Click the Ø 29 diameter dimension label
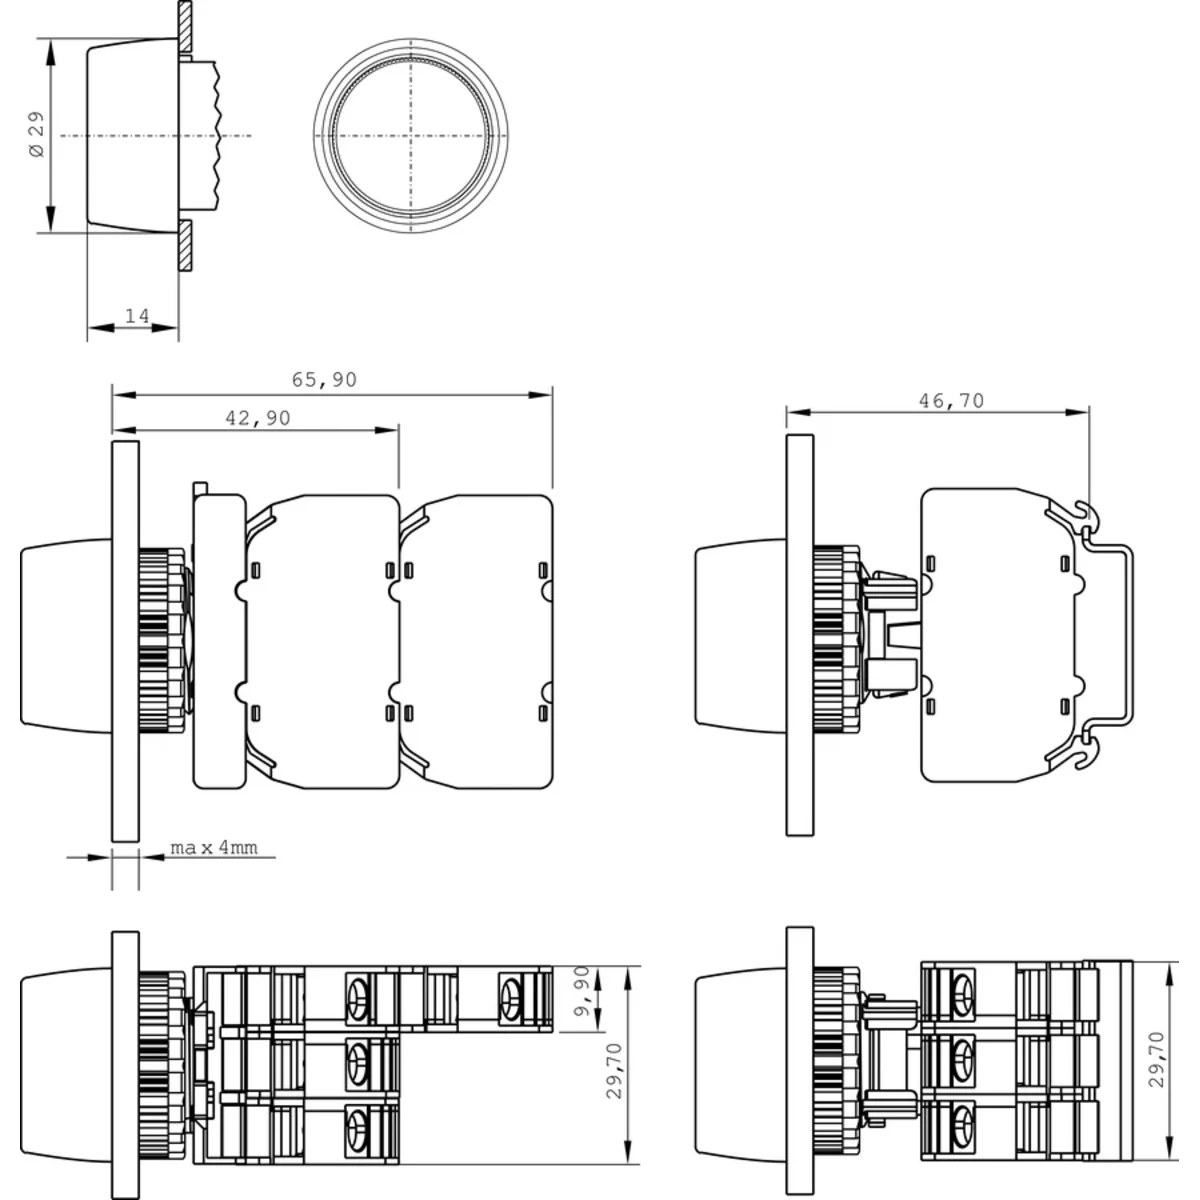coord(37,135)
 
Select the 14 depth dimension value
coord(137,316)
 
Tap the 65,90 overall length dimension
coord(324,379)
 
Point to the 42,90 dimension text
coord(258,417)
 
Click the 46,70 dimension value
coord(952,400)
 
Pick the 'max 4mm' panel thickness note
coord(214,848)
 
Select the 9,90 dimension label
coord(582,991)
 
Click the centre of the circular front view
coord(410,135)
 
